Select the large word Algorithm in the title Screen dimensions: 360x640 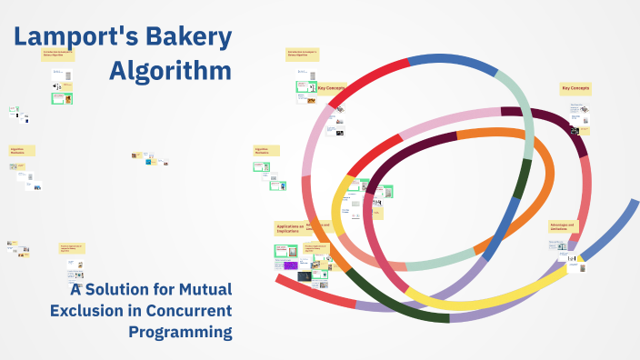click(x=170, y=70)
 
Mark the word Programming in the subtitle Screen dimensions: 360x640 click(x=180, y=332)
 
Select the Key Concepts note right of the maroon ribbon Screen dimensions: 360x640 click(x=575, y=88)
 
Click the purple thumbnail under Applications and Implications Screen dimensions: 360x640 click(x=291, y=265)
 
